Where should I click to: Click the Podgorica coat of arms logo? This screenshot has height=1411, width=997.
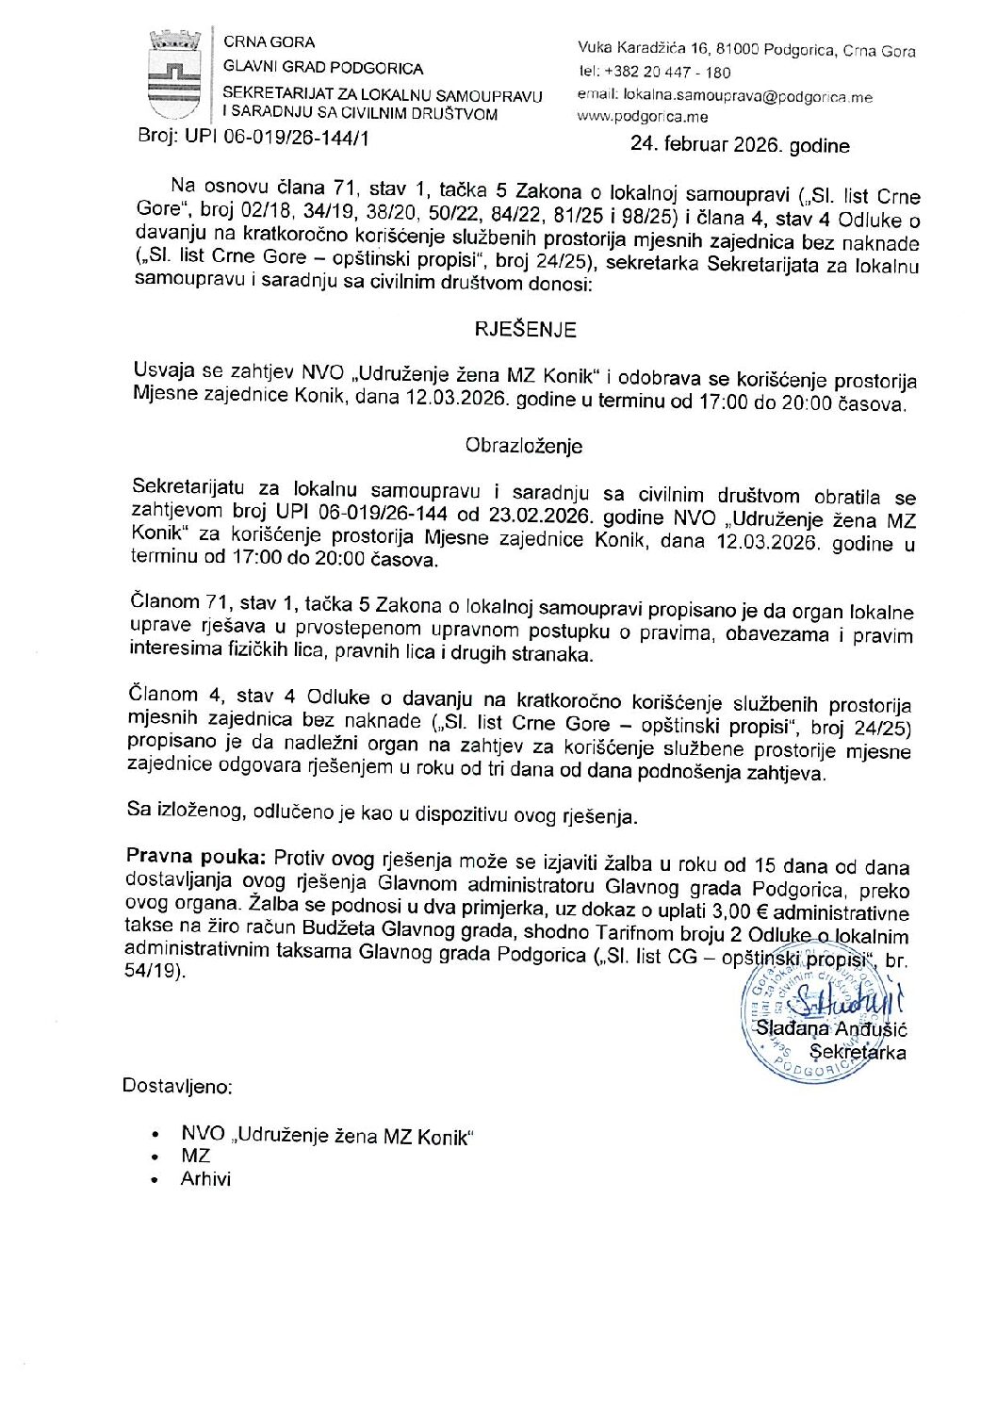pyautogui.click(x=174, y=75)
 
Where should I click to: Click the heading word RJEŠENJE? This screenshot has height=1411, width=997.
pyautogui.click(x=525, y=329)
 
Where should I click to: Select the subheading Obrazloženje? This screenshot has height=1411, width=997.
pyautogui.click(x=524, y=446)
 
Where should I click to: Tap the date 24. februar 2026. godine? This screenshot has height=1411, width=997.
pyautogui.click(x=740, y=145)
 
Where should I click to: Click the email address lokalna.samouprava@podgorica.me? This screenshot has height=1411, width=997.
pyautogui.click(x=747, y=96)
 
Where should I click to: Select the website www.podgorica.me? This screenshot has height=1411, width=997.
pyautogui.click(x=642, y=117)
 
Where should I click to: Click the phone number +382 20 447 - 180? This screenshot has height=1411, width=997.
pyautogui.click(x=667, y=73)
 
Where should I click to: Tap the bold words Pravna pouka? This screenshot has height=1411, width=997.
pyautogui.click(x=195, y=858)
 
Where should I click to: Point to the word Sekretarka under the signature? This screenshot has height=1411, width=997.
pyautogui.click(x=858, y=1052)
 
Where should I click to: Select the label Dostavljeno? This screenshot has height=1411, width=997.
pyautogui.click(x=177, y=1086)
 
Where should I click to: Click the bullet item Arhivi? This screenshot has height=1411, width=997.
pyautogui.click(x=205, y=1178)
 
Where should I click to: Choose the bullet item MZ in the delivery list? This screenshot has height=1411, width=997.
pyautogui.click(x=195, y=1156)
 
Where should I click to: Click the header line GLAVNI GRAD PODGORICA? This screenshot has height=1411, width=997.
pyautogui.click(x=323, y=68)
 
